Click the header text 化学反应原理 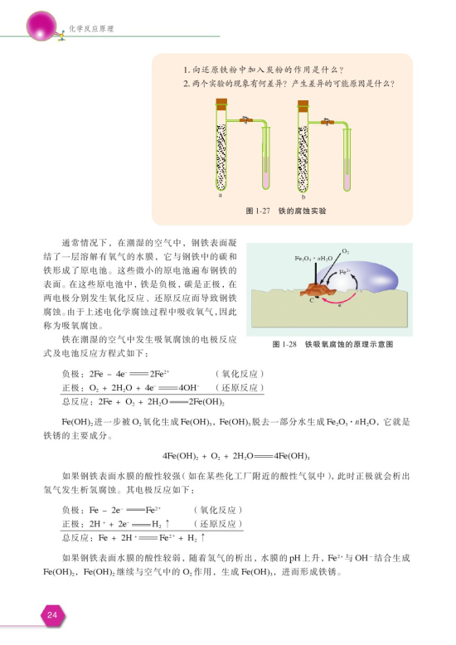pos(90,29)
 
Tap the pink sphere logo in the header pos(41,24)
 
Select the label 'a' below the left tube pos(221,196)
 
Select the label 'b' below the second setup pos(304,196)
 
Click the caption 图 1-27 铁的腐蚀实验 pos(286,211)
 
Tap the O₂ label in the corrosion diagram pos(345,250)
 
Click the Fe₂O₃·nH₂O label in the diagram pos(313,259)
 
